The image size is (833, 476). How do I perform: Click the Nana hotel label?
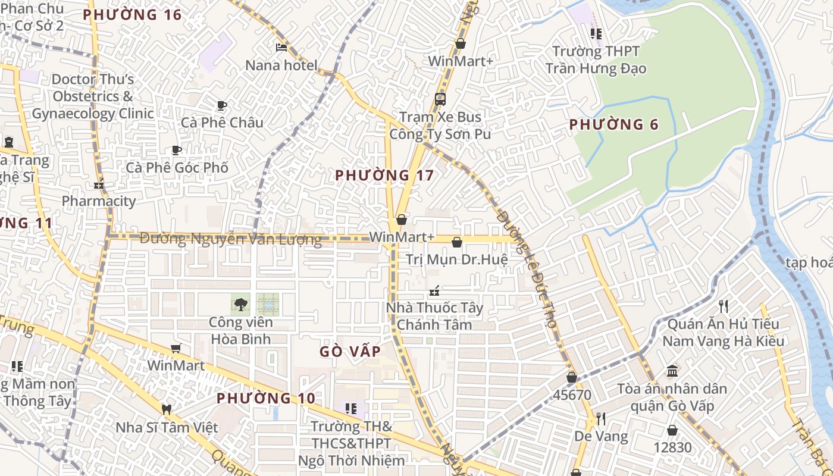click(x=281, y=65)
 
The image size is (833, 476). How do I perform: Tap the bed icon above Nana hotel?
click(x=281, y=48)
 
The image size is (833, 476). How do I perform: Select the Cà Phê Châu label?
click(x=222, y=123)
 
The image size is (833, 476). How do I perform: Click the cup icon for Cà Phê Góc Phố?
click(x=176, y=150)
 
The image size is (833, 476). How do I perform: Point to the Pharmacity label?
click(x=99, y=201)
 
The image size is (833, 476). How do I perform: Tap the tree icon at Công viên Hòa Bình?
click(x=240, y=305)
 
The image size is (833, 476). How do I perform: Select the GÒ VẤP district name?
click(x=350, y=351)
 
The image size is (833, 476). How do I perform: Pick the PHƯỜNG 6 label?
click(x=614, y=124)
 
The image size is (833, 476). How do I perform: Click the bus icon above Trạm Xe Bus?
click(x=440, y=99)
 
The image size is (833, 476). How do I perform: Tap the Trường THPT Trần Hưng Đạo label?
click(x=596, y=60)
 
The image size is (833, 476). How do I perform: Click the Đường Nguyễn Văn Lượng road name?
click(x=230, y=239)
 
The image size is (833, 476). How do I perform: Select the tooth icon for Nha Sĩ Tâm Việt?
click(x=167, y=409)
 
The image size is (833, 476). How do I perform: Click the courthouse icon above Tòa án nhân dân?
click(x=672, y=371)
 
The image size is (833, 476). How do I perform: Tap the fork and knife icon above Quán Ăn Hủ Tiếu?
click(x=723, y=306)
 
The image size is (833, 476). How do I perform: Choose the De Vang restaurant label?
click(x=601, y=436)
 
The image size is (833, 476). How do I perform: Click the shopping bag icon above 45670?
click(x=572, y=377)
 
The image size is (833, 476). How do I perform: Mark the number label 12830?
click(x=672, y=447)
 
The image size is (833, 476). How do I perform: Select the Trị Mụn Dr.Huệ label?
click(x=457, y=259)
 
